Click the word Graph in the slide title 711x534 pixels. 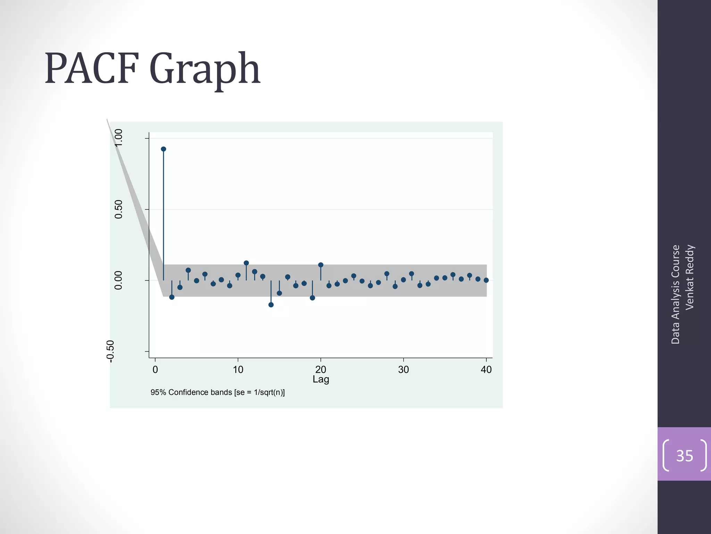(205, 70)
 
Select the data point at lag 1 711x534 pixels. (164, 149)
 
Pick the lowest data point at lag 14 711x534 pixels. (271, 305)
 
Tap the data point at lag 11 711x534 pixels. (246, 263)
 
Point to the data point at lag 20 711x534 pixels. (321, 265)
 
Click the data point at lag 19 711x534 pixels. (312, 298)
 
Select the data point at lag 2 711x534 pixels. (172, 297)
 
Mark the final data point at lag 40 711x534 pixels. (486, 280)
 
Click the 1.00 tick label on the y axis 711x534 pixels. (119, 138)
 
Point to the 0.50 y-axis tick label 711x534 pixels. (119, 209)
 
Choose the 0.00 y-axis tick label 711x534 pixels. (119, 280)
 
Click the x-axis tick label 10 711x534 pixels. (238, 370)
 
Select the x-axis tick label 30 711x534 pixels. (403, 370)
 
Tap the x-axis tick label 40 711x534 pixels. (486, 370)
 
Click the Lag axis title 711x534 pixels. (321, 379)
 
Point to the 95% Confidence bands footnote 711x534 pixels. (218, 393)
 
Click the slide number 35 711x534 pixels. (684, 456)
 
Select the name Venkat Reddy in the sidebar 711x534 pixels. (690, 277)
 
